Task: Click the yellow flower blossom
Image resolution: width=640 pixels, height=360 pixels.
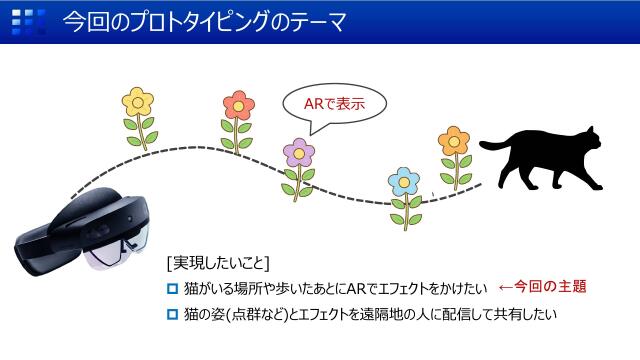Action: (x=138, y=100)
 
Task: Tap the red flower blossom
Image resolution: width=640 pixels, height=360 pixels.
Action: (x=238, y=103)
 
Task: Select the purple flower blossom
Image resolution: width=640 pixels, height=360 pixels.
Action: (x=297, y=152)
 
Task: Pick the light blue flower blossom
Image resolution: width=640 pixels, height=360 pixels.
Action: (x=404, y=181)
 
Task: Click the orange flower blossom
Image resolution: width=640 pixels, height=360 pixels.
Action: (x=454, y=141)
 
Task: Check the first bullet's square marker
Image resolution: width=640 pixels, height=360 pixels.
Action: (x=172, y=289)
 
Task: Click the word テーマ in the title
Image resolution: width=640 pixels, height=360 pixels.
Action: (x=317, y=21)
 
